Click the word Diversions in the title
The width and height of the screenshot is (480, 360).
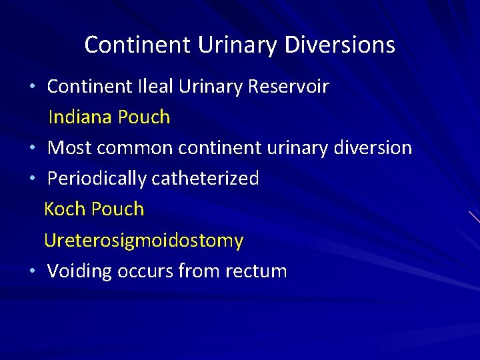(340, 45)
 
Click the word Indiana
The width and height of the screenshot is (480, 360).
(81, 117)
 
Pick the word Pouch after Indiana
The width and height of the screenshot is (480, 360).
(144, 117)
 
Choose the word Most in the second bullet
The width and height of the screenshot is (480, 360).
(67, 148)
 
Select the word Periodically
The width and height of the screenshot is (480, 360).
(97, 179)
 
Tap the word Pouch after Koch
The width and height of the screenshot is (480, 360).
(117, 209)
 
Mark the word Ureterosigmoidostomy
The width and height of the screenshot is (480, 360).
(143, 241)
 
